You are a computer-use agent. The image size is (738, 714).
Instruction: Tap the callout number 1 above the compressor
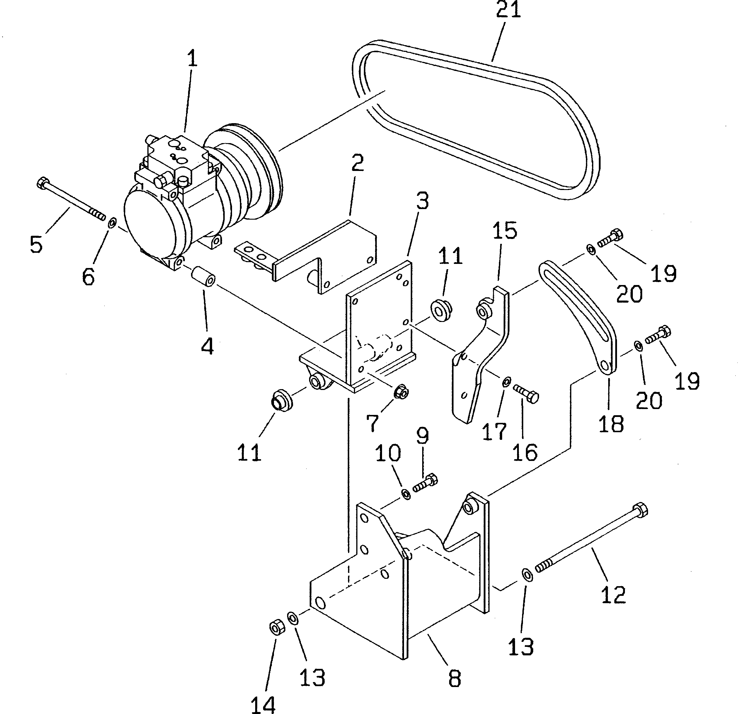[192, 59]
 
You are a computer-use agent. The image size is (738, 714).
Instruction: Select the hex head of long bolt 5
[42, 184]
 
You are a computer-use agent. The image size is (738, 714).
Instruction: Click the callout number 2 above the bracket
[357, 163]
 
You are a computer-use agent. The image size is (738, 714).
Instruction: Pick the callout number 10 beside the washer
[388, 453]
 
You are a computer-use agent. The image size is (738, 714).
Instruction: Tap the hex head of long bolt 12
[640, 511]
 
